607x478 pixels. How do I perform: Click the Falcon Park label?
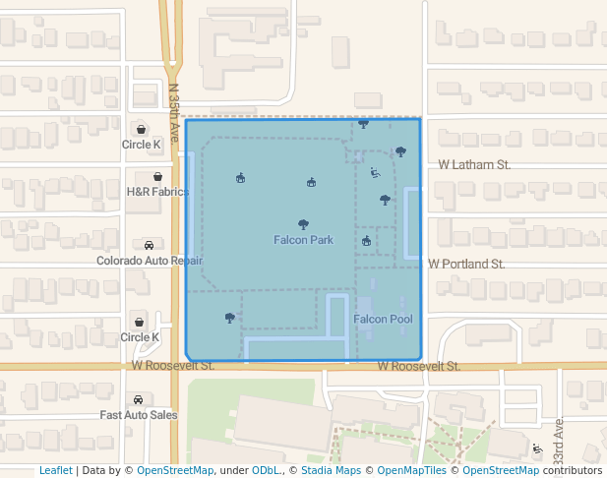pos(303,240)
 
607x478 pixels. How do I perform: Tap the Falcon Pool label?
pos(383,320)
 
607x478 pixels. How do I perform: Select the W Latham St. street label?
pos(474,165)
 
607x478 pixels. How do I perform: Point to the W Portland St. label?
pos(466,265)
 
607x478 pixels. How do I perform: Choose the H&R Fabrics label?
pos(157,192)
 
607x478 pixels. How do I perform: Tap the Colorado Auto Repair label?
pos(150,261)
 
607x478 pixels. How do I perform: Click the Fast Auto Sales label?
pos(139,415)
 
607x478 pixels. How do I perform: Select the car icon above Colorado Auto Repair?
pos(149,245)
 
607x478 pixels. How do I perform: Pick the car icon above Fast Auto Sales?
pos(138,400)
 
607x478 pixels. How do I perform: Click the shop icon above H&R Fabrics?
pos(157,177)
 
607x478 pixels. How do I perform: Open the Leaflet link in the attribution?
pos(56,471)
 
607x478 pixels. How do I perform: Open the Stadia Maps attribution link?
pos(331,471)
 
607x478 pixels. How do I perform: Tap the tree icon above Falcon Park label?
pos(303,224)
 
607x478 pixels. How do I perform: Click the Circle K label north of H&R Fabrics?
pos(142,145)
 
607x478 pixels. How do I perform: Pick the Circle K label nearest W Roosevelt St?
pos(140,337)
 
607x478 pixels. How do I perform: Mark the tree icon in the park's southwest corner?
pos(229,318)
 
